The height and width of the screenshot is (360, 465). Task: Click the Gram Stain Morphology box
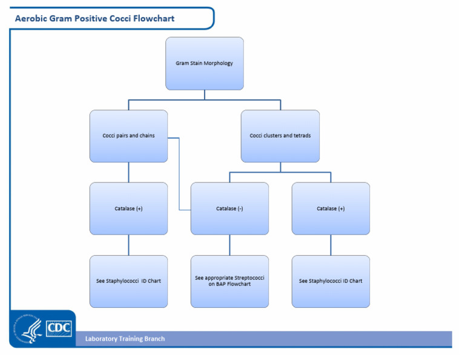(205, 63)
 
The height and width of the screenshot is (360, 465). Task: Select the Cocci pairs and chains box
(128, 136)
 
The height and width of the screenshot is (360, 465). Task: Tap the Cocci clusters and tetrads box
(280, 136)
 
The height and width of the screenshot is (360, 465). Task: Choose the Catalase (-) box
(229, 208)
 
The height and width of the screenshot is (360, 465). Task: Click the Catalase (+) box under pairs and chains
(128, 208)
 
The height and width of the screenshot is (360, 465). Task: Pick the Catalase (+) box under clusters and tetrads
(331, 208)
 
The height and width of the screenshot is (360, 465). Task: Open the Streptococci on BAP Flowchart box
(229, 281)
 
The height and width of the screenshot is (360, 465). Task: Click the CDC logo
(59, 328)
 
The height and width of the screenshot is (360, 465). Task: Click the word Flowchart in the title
(156, 18)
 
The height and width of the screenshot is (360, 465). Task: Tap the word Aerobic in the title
(30, 18)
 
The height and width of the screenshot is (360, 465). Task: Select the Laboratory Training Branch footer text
(125, 339)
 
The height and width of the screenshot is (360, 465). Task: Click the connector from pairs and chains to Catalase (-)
(180, 176)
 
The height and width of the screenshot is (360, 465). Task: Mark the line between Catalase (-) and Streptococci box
(229, 245)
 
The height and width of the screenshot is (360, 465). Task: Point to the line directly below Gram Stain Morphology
(205, 94)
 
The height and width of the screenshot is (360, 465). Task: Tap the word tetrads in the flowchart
(301, 136)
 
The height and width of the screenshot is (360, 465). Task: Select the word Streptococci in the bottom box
(250, 278)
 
